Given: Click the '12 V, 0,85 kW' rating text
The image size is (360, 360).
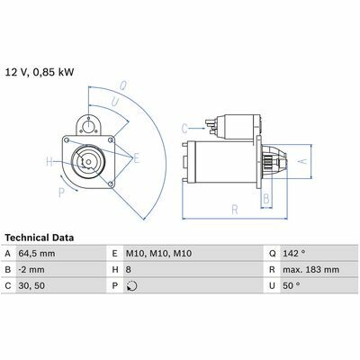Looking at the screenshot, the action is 40,73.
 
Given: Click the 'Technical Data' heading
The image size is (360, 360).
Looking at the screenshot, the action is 40,238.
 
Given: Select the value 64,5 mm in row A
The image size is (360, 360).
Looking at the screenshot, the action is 37,254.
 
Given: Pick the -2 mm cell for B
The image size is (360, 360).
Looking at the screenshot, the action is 31,270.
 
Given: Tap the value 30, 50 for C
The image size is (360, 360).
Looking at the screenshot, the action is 31,286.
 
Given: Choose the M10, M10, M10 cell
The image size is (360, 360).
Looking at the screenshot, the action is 158,254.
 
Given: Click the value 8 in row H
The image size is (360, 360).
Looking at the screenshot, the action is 129,270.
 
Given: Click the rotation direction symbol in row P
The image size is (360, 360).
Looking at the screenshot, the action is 132,286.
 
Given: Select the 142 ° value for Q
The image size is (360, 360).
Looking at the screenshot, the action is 294,254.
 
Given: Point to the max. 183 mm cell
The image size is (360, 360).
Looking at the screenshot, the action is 311,270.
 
